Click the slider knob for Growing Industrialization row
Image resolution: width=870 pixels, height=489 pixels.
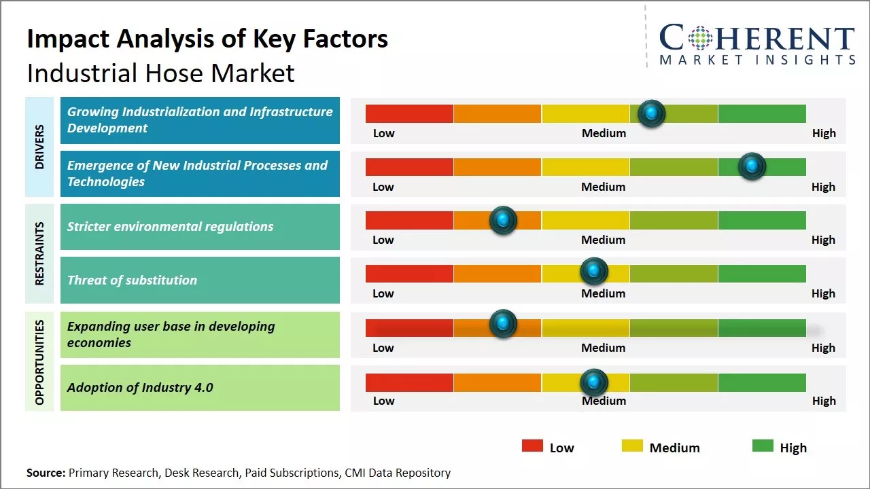tap(652, 113)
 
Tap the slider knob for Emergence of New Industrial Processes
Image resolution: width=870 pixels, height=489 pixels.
tap(752, 166)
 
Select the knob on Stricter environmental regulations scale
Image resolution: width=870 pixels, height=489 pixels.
tap(503, 220)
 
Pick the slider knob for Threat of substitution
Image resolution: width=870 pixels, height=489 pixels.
tap(594, 272)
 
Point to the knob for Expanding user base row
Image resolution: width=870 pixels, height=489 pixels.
tap(503, 324)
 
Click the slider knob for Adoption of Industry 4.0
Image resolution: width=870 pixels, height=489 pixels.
tap(594, 382)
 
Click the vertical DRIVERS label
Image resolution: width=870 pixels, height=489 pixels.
tap(39, 147)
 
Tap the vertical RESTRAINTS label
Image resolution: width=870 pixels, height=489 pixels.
tap(39, 253)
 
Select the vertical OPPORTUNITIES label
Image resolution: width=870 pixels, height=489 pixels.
tap(39, 362)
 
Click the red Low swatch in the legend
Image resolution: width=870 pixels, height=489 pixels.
tap(532, 446)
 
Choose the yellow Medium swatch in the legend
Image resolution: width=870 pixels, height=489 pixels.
tap(632, 446)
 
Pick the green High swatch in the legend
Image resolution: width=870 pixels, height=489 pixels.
tap(763, 446)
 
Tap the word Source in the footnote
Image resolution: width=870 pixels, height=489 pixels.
tap(45, 473)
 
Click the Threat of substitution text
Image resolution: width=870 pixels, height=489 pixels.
tap(132, 280)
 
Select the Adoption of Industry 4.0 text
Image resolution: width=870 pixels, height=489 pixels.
tap(140, 388)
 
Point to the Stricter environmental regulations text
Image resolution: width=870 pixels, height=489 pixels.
tap(170, 227)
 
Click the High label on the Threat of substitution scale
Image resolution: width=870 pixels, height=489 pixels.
tap(823, 293)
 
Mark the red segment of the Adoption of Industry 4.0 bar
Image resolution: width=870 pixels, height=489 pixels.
tap(409, 382)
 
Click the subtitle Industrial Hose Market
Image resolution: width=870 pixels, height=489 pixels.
tap(161, 73)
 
